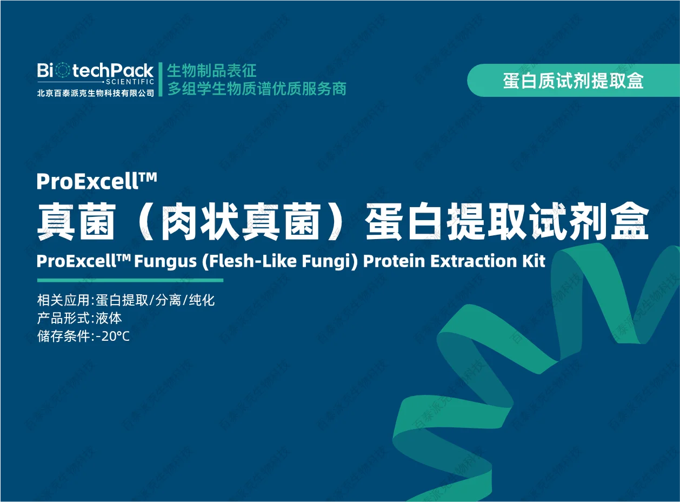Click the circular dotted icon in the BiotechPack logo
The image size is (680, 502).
[63, 70]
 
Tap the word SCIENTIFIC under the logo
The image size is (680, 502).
[130, 82]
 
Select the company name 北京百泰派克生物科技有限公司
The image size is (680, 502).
[96, 93]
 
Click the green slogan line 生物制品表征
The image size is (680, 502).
[212, 70]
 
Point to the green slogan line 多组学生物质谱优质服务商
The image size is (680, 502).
[257, 89]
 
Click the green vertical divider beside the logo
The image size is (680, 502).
[161, 80]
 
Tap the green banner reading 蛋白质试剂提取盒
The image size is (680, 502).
[573, 81]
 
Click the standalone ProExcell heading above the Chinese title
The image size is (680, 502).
[97, 181]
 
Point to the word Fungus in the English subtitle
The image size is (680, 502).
[165, 261]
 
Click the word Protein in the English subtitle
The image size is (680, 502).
[394, 261]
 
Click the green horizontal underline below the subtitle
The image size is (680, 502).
[130, 280]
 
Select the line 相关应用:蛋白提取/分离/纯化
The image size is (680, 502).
[126, 300]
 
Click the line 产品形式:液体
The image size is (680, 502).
[79, 318]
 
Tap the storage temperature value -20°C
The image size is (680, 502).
[112, 336]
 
